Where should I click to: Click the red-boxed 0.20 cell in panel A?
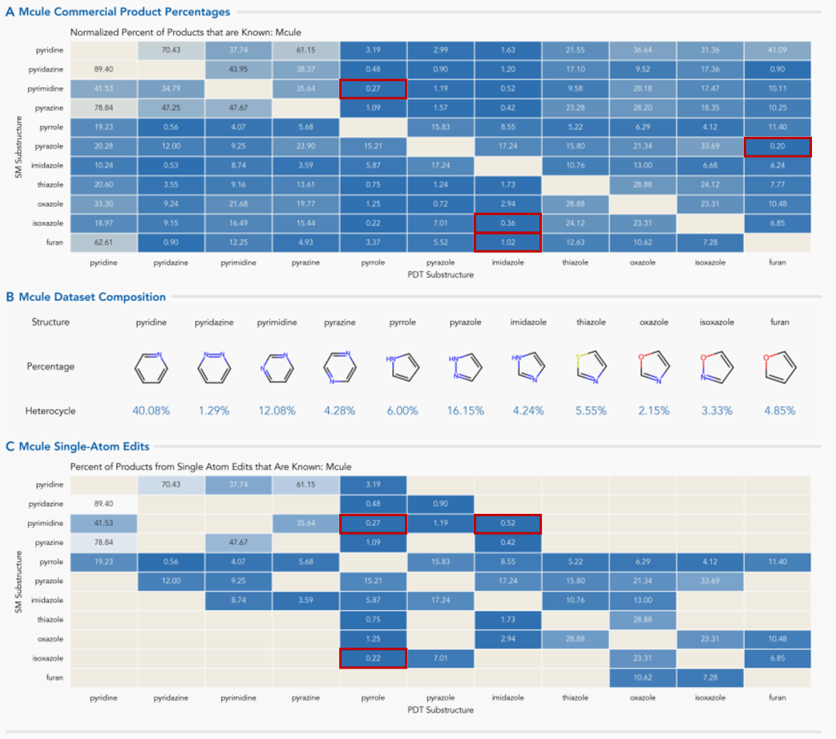[777, 146]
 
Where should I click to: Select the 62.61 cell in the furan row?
[103, 243]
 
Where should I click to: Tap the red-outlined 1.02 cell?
[508, 243]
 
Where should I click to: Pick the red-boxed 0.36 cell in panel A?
[508, 224]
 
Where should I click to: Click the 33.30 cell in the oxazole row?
[103, 204]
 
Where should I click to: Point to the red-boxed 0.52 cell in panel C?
[508, 524]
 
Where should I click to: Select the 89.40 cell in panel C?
[103, 505]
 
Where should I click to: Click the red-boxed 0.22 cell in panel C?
[373, 659]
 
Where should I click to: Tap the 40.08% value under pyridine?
[151, 411]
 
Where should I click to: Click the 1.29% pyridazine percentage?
[214, 411]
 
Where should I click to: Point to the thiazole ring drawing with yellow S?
[591, 368]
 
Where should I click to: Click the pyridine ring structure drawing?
[151, 368]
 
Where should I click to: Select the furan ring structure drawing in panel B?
[779, 368]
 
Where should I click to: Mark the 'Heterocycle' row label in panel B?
[50, 411]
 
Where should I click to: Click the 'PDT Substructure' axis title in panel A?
[440, 273]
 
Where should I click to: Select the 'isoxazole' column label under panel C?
[710, 698]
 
